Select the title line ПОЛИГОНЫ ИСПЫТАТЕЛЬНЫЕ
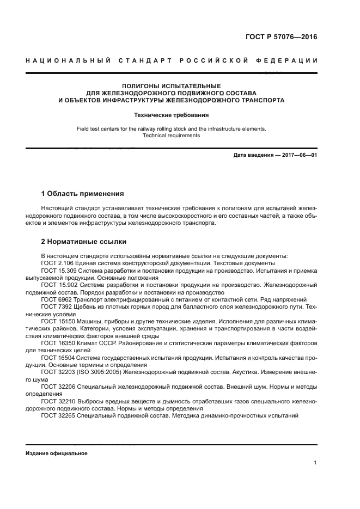coord(171,85)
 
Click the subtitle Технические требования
coord(171,115)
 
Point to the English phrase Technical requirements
coord(171,136)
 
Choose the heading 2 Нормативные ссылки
coord(84,241)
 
